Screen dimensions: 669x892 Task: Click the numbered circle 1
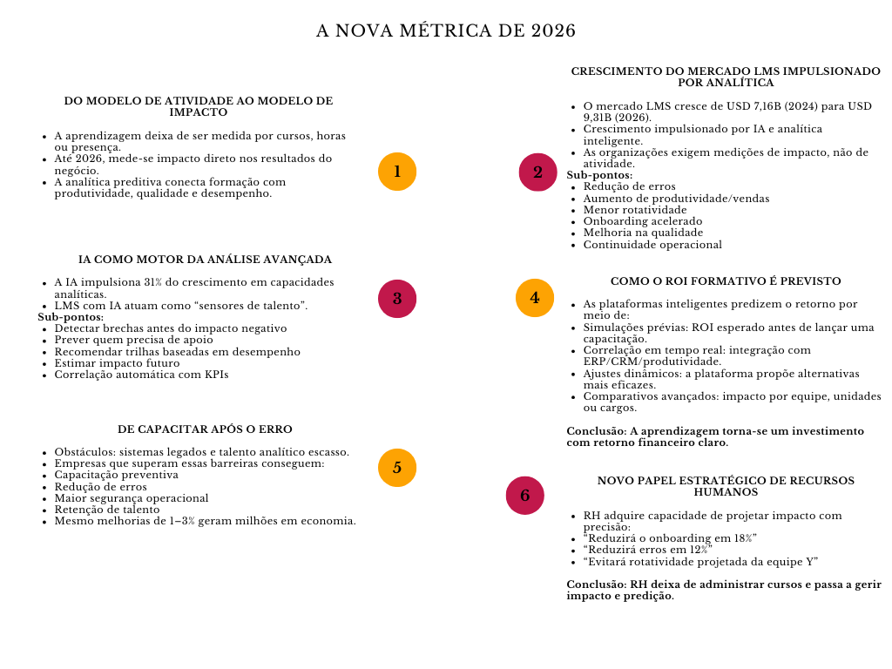tap(397, 172)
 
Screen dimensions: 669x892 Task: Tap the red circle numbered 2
tap(537, 172)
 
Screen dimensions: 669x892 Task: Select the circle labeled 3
tap(397, 299)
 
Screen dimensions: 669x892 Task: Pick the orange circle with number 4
tap(535, 298)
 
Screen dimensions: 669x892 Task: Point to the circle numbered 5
tap(397, 468)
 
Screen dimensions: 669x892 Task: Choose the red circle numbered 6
tap(525, 496)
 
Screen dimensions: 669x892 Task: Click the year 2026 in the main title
tap(553, 31)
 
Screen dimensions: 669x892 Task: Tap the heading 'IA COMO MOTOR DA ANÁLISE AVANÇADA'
tap(205, 260)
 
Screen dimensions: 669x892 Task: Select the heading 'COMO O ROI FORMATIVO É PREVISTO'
tap(726, 281)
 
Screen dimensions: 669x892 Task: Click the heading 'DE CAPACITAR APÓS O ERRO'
tap(205, 429)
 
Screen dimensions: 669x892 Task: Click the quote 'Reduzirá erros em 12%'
tap(647, 550)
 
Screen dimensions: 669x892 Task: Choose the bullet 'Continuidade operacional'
tap(652, 245)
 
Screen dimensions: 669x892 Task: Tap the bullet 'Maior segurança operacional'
tap(132, 498)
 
